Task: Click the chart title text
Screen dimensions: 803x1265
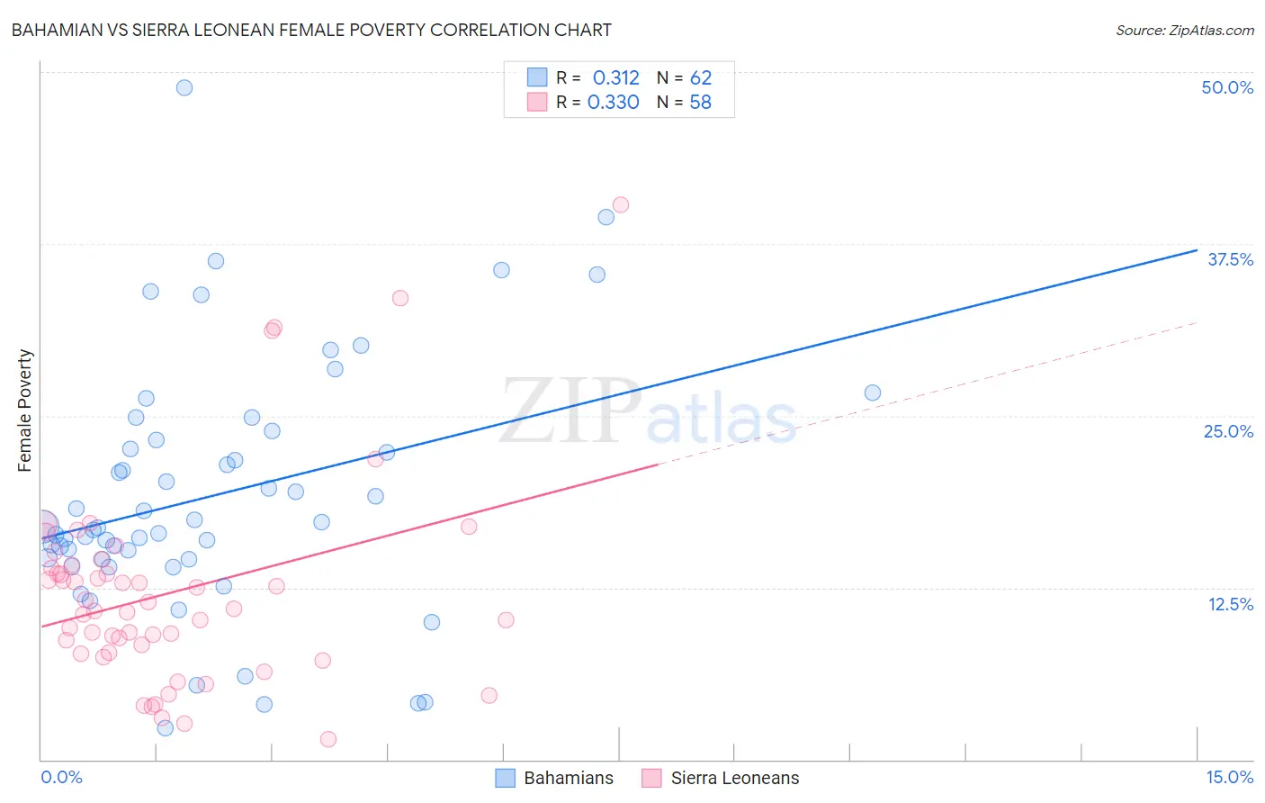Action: click(311, 30)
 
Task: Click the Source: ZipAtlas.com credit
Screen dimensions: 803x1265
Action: click(1184, 31)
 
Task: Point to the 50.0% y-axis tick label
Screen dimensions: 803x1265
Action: click(1227, 87)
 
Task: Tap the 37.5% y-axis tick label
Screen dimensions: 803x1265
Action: click(1230, 259)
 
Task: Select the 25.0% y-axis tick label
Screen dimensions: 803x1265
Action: click(1228, 431)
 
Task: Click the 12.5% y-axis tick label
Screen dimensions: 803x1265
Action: click(1230, 604)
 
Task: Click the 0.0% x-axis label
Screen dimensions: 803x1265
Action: click(61, 777)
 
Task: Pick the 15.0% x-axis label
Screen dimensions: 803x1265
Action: click(1229, 777)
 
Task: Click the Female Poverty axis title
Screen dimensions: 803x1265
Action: click(25, 411)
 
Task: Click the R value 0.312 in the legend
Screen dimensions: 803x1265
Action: click(615, 77)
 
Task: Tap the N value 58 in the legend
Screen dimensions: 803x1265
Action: click(700, 102)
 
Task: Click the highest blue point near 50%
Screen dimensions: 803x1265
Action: click(184, 87)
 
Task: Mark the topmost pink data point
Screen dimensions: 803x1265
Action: click(621, 204)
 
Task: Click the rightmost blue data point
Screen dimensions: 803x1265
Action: click(873, 392)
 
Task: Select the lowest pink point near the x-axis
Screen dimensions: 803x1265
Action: click(328, 739)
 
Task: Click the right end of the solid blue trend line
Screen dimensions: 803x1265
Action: click(1197, 250)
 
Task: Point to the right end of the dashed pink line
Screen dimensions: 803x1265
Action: click(1197, 322)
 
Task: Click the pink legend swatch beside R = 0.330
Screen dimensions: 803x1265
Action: click(537, 102)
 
